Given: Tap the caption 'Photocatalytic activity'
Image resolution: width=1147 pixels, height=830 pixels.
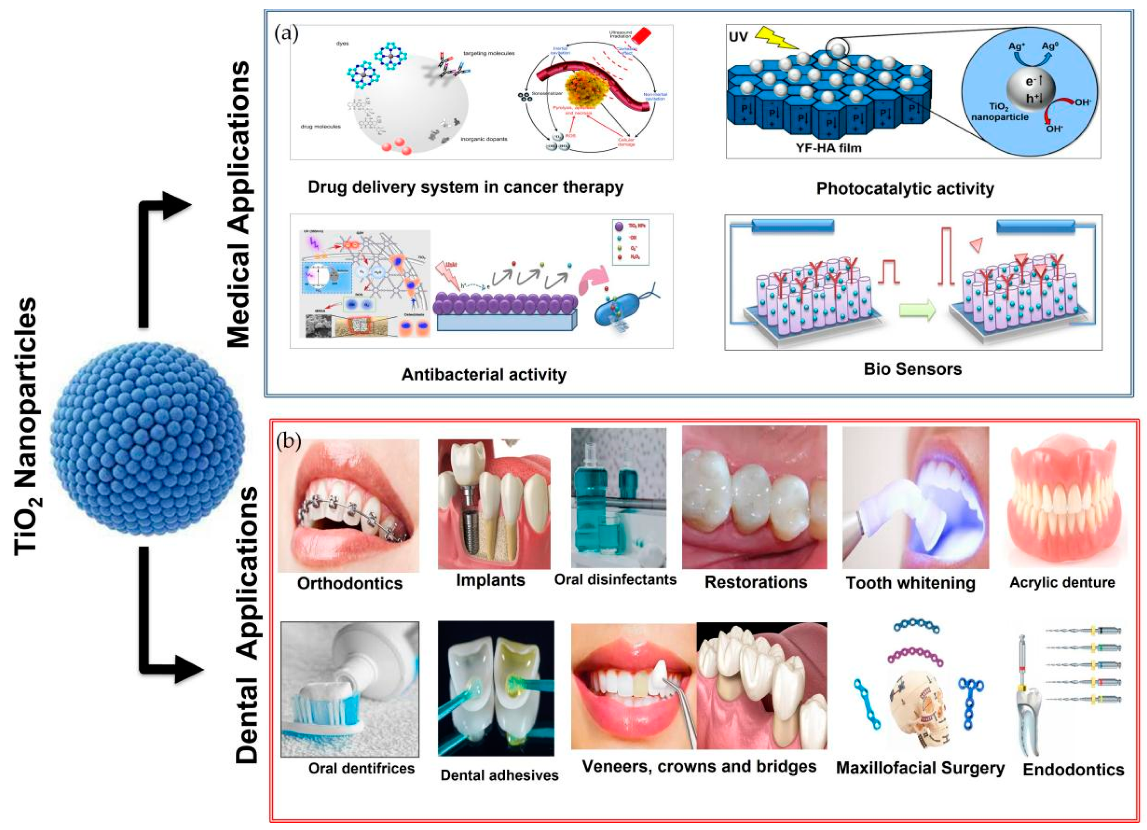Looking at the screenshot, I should pos(905,189).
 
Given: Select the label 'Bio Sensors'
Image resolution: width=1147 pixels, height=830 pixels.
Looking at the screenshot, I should pos(912,369).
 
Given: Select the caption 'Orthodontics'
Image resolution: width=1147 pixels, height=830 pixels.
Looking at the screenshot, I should pos(350,583).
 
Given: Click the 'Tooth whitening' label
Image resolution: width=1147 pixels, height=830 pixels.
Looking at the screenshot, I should pos(910,583).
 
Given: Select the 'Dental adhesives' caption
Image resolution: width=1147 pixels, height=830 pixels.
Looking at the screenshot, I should pos(499,775).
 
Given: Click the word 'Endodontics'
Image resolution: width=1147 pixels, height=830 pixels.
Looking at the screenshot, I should pos(1073,769).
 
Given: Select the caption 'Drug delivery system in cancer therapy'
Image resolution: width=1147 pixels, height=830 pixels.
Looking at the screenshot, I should pos(465,187).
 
